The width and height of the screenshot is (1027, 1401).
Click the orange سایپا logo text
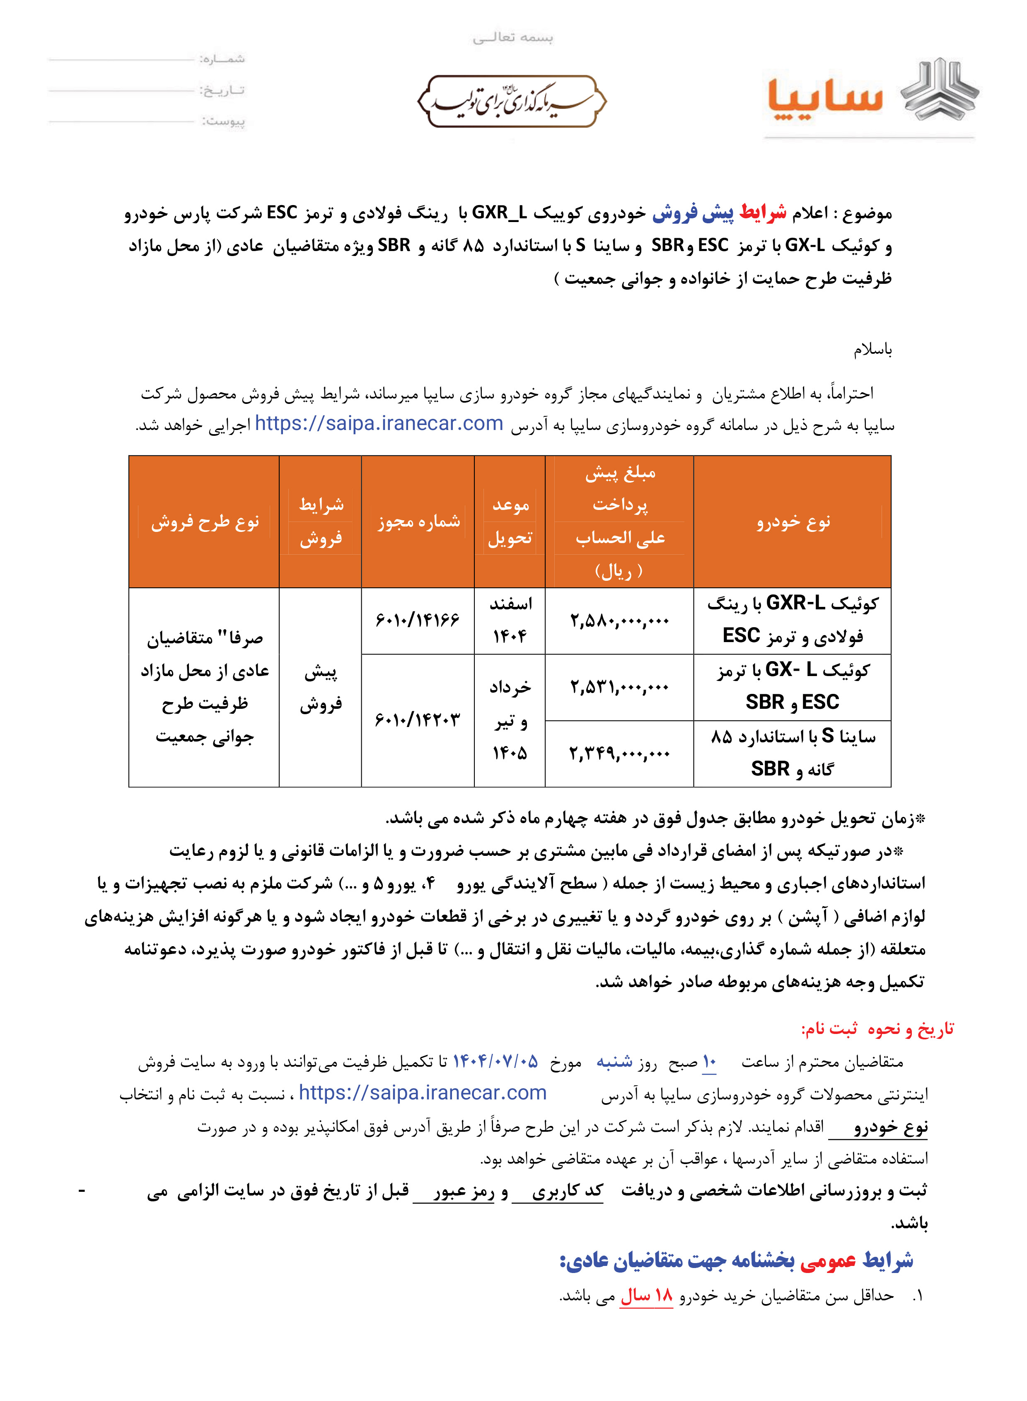825,98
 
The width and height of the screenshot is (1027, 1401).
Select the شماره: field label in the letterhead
222,59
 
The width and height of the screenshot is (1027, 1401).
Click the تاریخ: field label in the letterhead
222,90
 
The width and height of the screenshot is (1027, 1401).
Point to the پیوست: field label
223,121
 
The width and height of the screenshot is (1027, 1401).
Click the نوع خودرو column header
793,522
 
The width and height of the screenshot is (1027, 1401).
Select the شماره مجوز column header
418,522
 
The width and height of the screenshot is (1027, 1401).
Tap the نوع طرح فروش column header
205,522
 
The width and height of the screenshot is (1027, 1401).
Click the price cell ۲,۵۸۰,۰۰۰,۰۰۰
619,620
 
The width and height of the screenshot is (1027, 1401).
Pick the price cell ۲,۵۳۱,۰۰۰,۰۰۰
619,687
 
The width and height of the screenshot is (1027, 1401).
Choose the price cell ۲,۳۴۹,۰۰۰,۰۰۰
619,754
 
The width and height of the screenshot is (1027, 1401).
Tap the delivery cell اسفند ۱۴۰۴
510,620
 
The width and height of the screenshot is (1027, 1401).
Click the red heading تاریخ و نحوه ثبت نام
877,1029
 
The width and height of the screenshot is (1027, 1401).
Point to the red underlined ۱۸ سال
647,1296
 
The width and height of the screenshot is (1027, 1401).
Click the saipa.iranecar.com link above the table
379,423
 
